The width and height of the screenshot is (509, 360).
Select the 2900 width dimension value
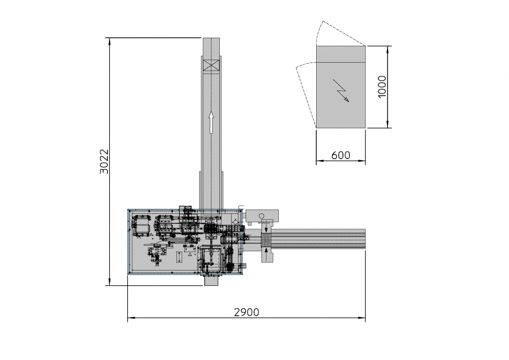tap(247, 312)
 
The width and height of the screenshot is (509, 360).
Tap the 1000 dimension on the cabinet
tap(382, 87)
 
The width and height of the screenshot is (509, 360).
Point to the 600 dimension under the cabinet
tap(340, 155)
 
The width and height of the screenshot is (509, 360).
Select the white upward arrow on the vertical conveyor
tap(211, 122)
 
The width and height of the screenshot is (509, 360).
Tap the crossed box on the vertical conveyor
tap(211, 65)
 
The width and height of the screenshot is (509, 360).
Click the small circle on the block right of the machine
tap(261, 215)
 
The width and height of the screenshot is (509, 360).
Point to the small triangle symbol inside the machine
tap(190, 254)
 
